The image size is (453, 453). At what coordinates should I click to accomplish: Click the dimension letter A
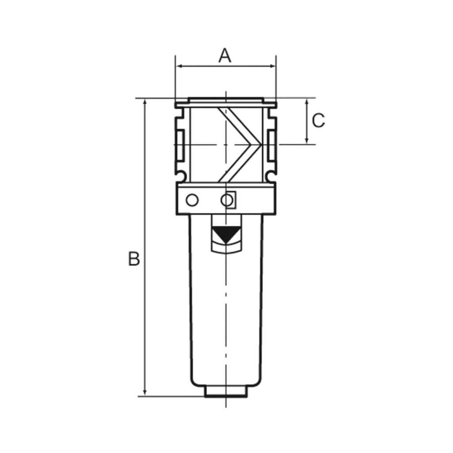225,56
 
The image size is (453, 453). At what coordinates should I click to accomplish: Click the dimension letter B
134,259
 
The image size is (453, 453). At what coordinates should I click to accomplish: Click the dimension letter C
319,120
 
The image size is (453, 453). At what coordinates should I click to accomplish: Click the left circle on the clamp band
192,200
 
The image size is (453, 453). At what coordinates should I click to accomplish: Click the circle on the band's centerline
226,200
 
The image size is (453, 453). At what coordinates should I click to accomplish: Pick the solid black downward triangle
226,235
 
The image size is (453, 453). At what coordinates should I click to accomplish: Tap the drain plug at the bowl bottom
226,392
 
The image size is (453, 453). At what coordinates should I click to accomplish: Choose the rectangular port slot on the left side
181,145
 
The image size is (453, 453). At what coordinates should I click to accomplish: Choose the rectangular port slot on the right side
271,145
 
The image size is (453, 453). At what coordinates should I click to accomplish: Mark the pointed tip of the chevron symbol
259,144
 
